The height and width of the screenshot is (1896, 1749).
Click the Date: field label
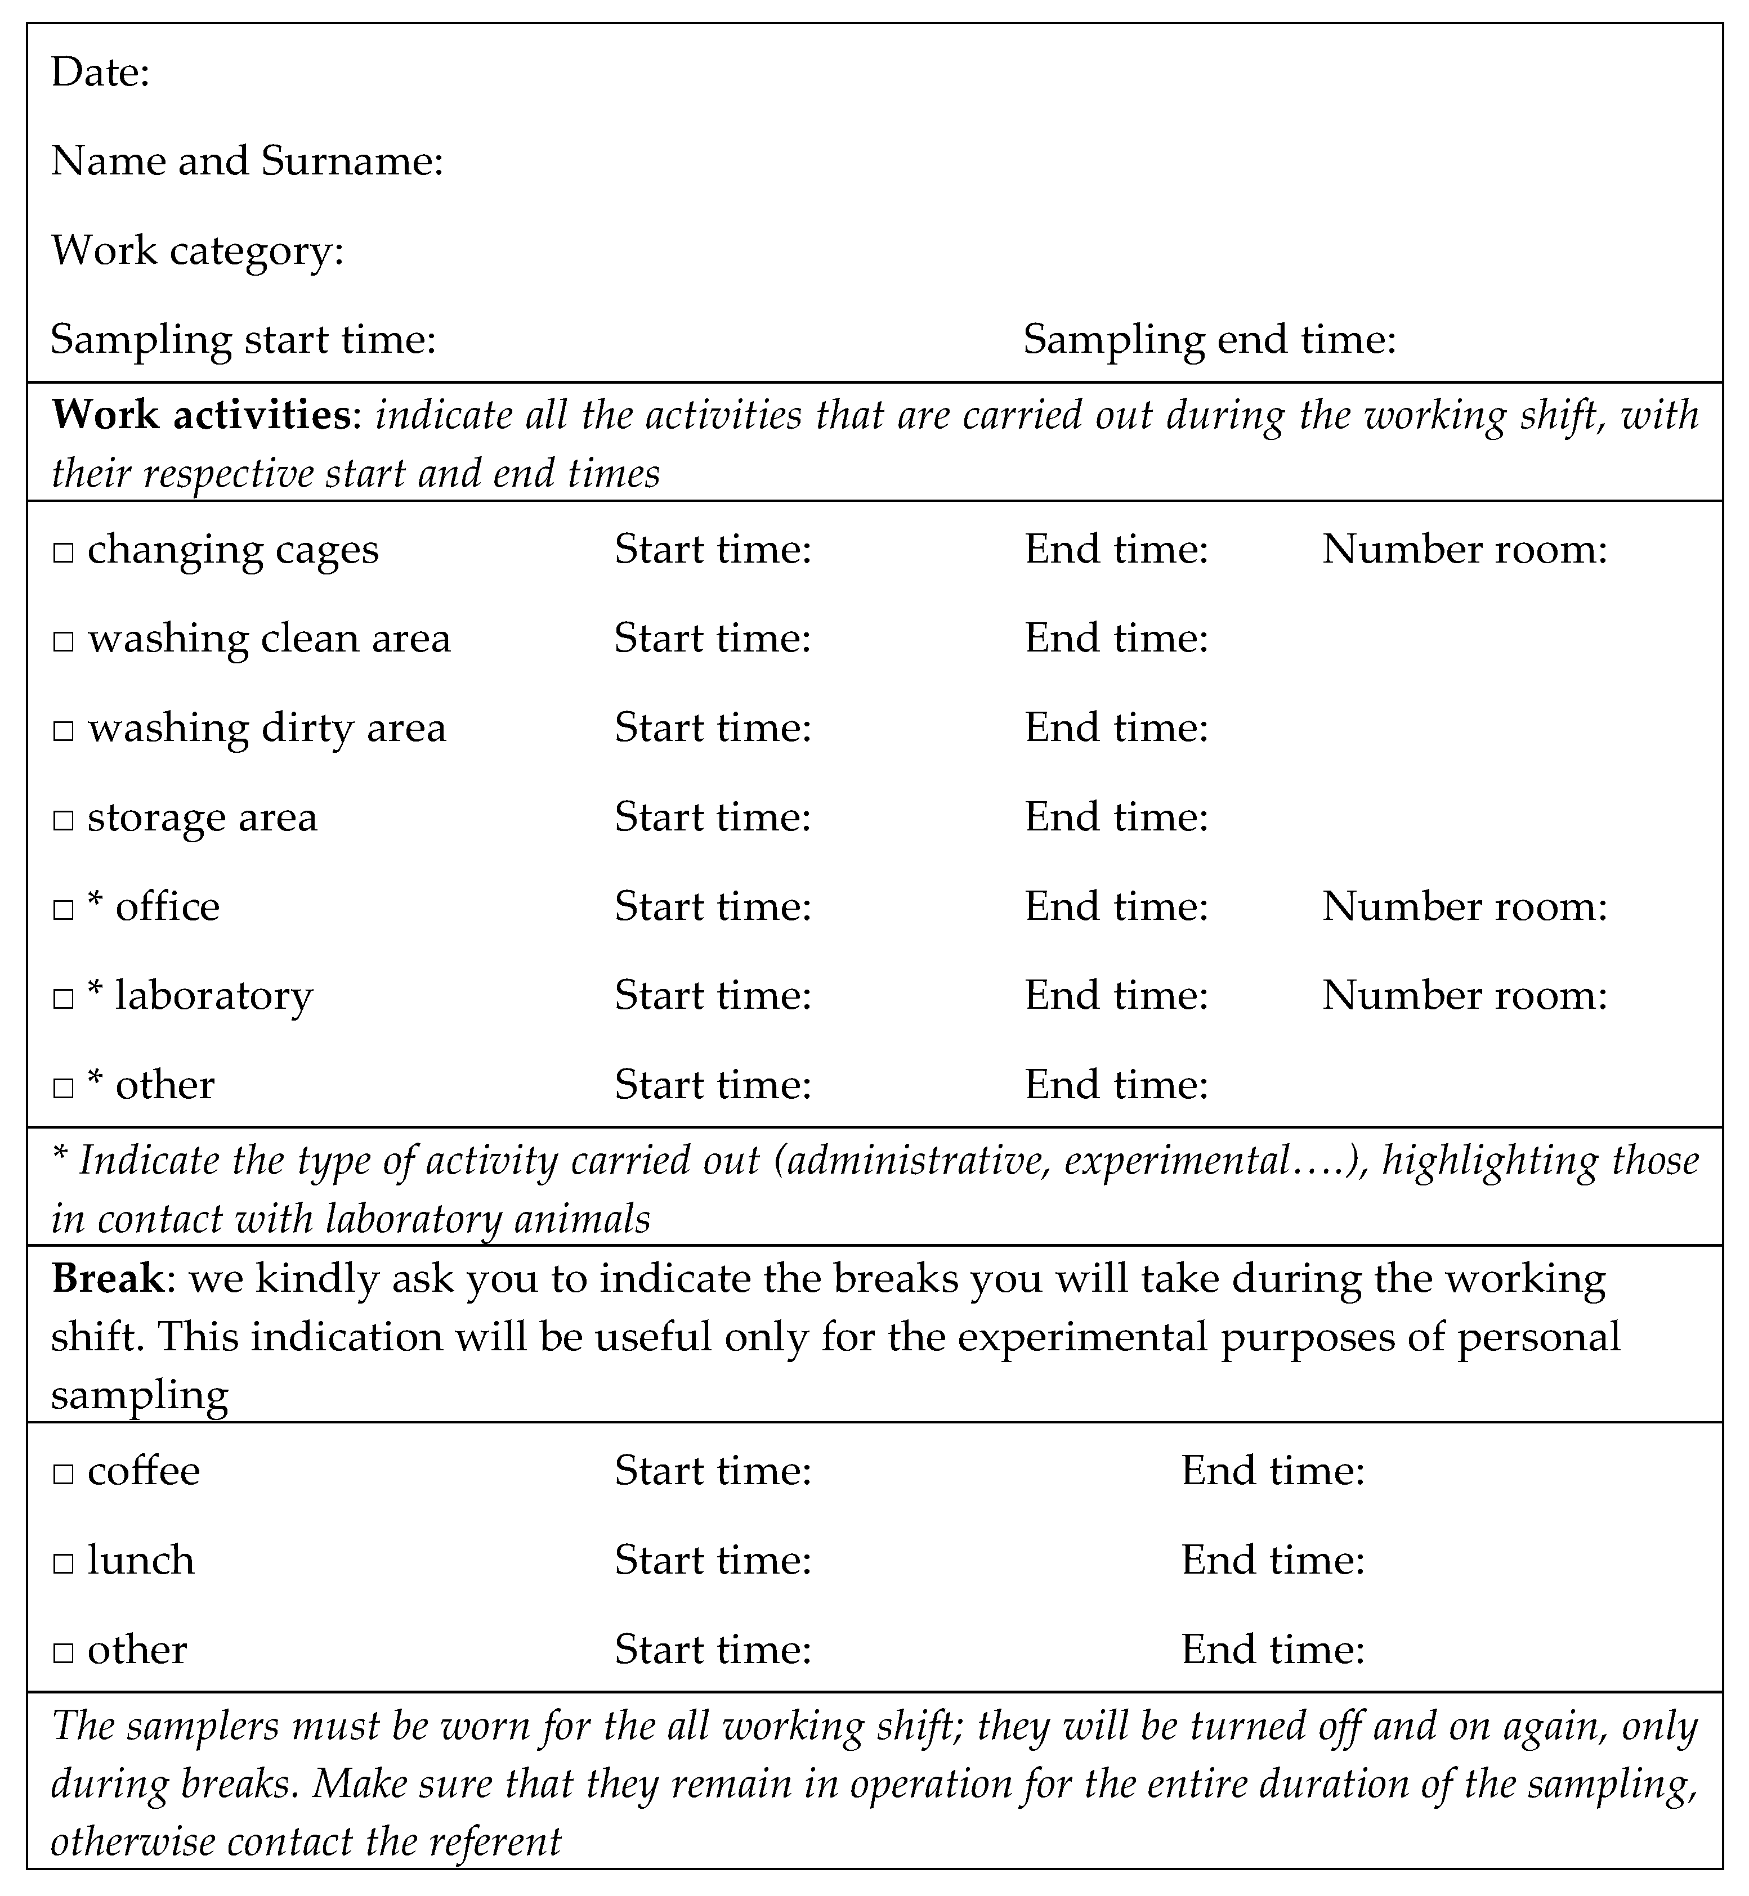(x=100, y=73)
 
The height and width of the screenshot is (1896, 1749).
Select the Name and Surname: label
(x=247, y=162)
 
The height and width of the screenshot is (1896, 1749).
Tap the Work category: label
(x=197, y=251)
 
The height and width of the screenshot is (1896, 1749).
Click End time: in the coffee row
(x=1273, y=1471)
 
